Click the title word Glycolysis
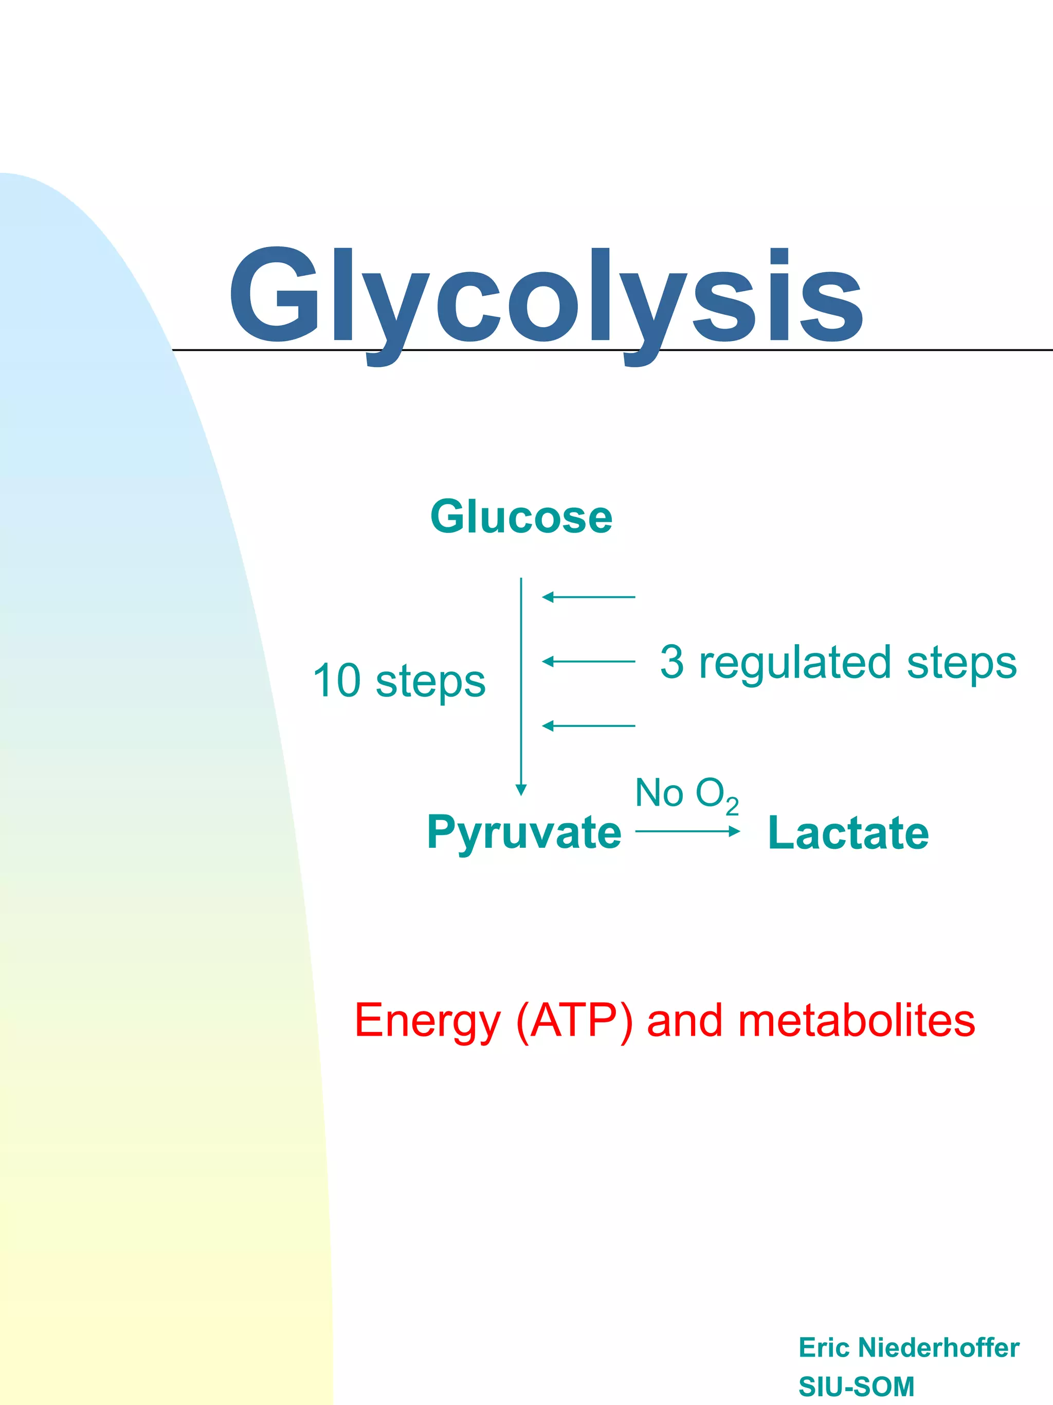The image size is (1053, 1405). pos(546,298)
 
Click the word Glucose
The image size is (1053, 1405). pos(521,517)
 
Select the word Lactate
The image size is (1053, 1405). pos(848,833)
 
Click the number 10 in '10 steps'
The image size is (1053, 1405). pos(337,680)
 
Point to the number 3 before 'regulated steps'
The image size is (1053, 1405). pos(672,661)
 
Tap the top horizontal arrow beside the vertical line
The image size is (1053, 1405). pos(588,597)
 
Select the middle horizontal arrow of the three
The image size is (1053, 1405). pos(588,661)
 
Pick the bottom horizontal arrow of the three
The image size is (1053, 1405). pos(588,725)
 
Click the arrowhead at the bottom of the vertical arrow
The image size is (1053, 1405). pos(521,790)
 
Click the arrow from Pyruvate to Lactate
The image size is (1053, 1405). pos(687,831)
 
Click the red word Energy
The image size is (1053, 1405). pos(428,1021)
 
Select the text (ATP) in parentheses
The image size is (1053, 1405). pos(574,1021)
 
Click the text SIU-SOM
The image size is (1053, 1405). pos(856,1386)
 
